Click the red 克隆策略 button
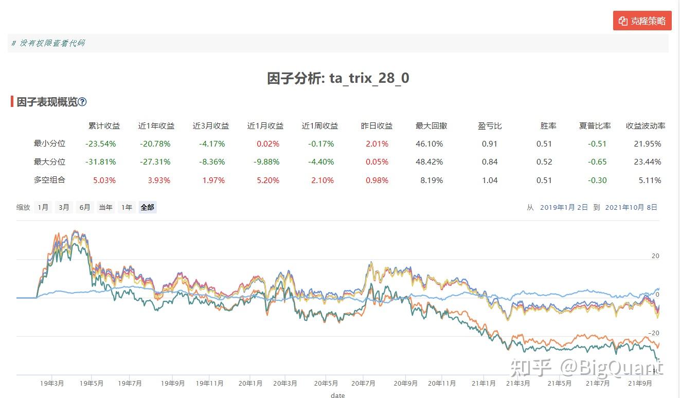642,21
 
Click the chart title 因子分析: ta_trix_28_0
338,78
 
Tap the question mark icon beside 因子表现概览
82,102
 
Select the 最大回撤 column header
431,126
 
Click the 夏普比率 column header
595,126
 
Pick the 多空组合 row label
49,180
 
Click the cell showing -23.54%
101,144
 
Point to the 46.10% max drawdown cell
429,144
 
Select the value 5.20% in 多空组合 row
267,180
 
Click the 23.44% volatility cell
647,162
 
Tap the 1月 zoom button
43,208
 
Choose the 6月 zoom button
84,208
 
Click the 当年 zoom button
105,208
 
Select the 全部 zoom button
147,208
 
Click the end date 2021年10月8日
631,208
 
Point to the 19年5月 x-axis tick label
92,383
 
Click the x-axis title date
337,395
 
